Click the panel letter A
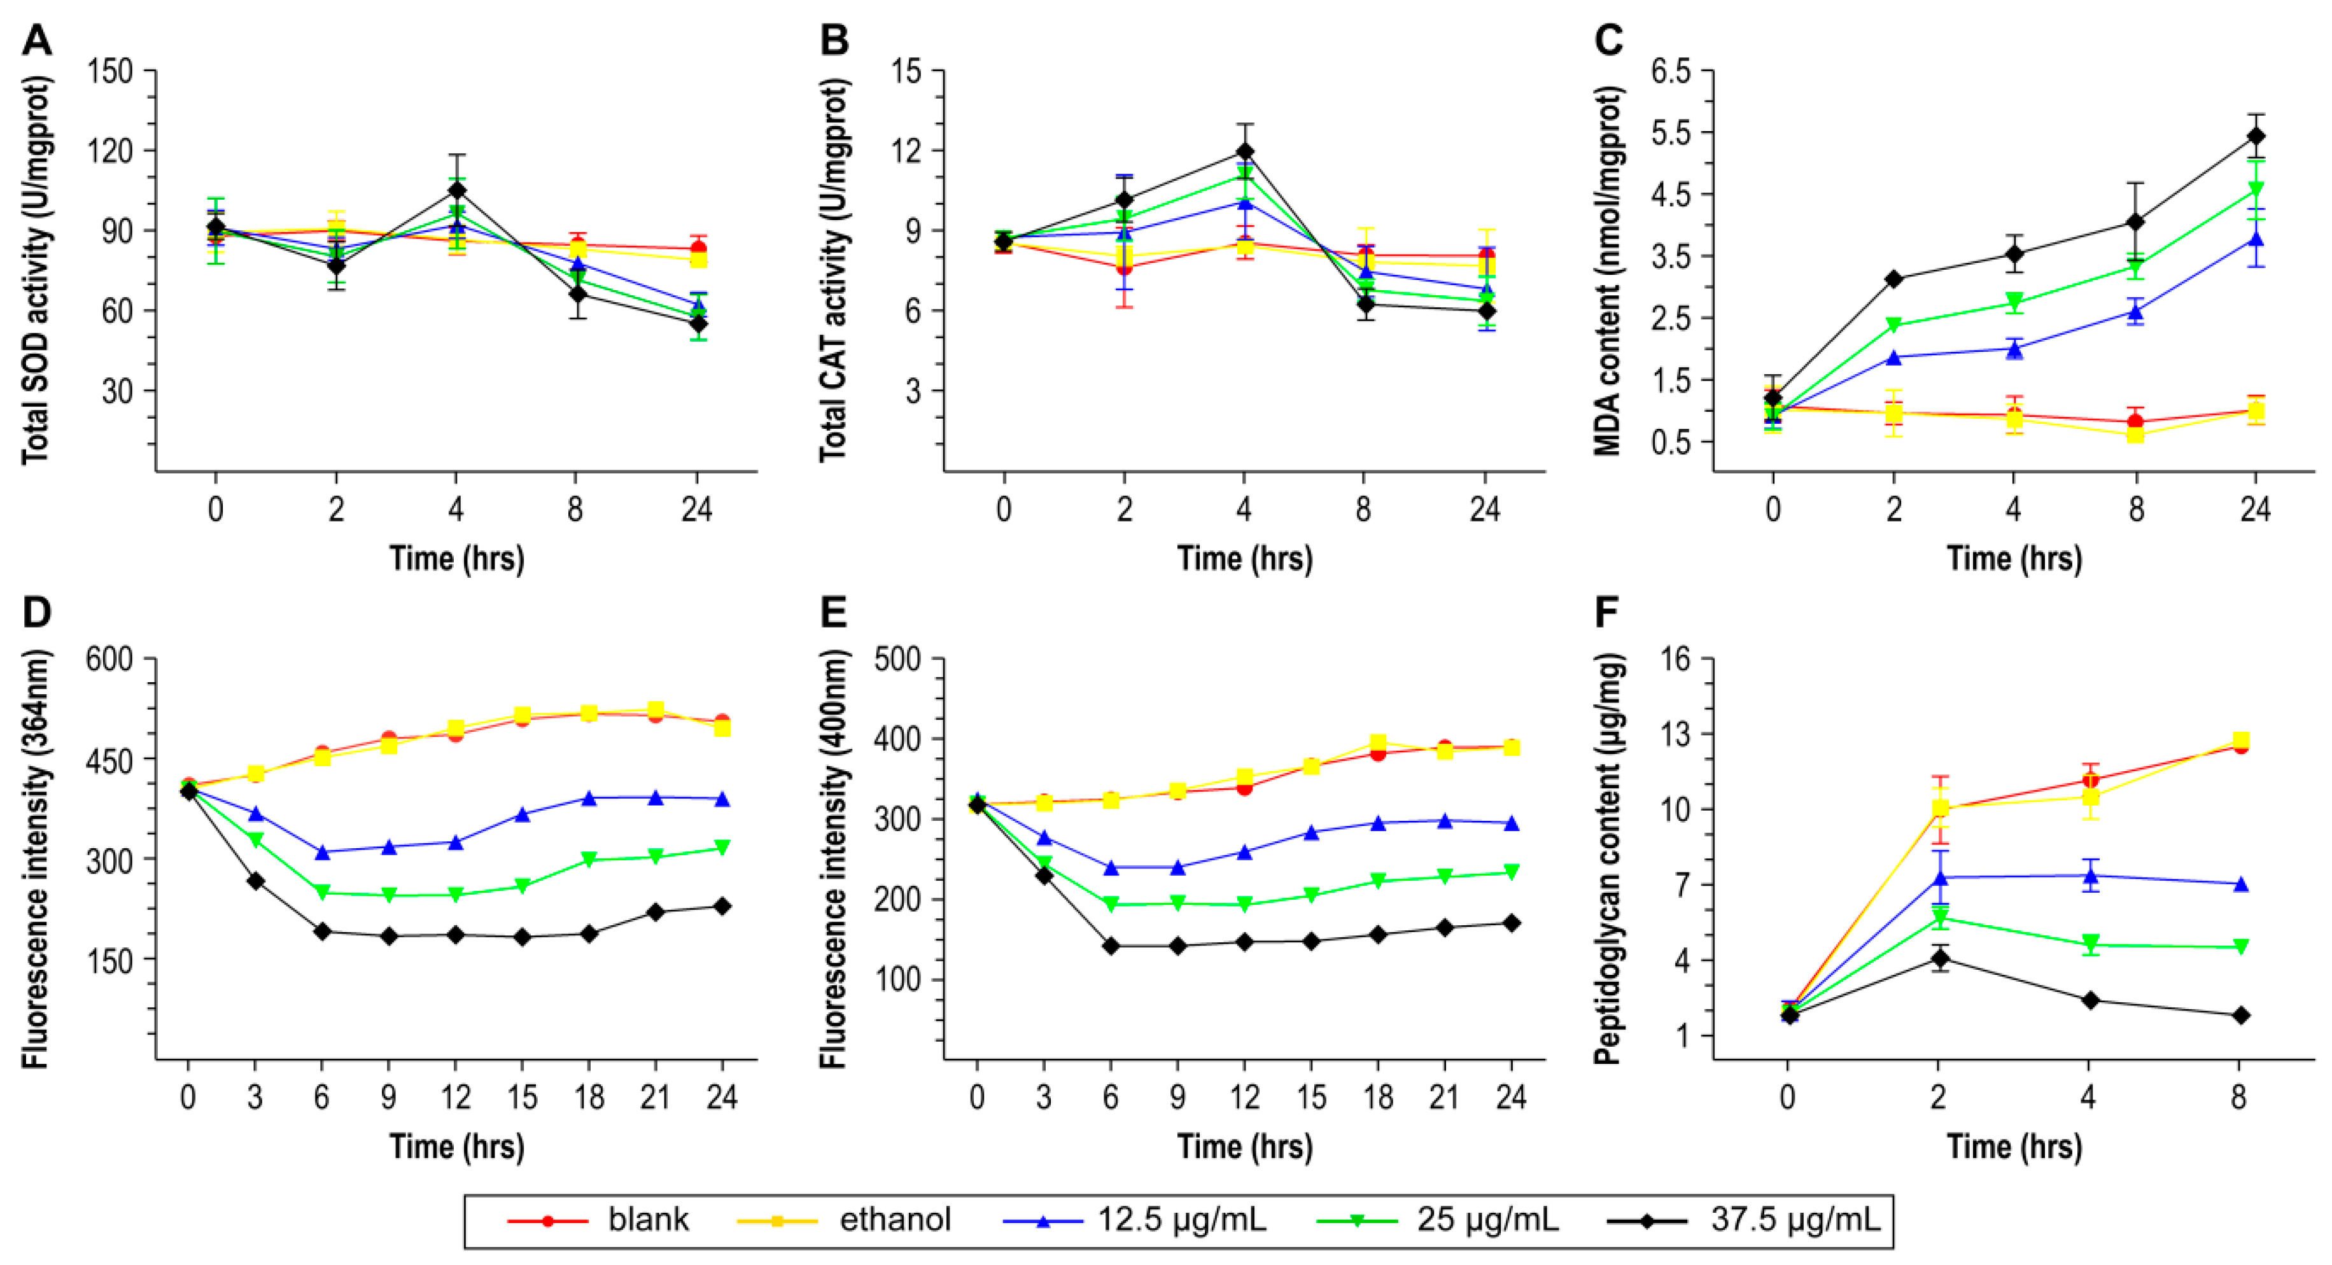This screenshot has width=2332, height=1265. point(36,41)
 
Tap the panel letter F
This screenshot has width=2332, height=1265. point(1606,613)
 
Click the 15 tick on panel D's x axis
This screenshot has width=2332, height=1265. point(521,1098)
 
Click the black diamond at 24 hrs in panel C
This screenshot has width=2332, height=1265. point(2256,137)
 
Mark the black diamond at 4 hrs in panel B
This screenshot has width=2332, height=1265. point(1245,151)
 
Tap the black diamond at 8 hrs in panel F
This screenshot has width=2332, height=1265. point(2240,1016)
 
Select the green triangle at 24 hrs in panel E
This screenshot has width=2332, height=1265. point(1511,872)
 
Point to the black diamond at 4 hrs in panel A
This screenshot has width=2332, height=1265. point(456,190)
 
